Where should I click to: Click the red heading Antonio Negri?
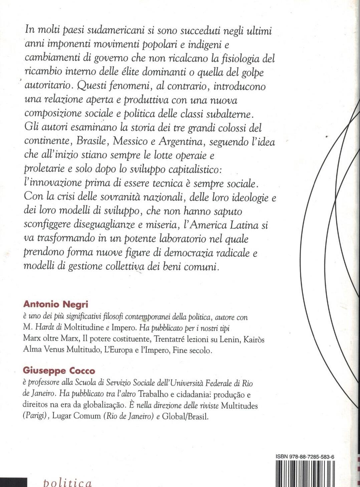click(55, 304)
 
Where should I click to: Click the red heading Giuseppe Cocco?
click(59, 371)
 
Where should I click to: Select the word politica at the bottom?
click(67, 482)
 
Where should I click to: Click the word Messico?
click(130, 141)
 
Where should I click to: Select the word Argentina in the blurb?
click(180, 141)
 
